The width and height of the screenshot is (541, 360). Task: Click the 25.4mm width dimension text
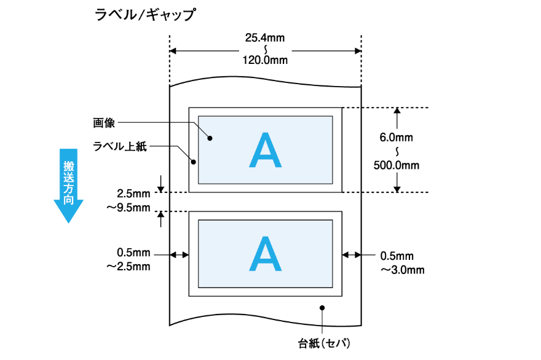(x=265, y=38)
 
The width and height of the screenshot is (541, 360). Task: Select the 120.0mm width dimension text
(x=265, y=60)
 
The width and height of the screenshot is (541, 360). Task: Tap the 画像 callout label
(x=105, y=123)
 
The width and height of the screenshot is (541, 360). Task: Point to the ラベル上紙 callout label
(x=120, y=146)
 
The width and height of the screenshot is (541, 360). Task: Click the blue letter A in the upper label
(x=265, y=150)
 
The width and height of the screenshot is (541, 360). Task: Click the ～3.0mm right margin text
(x=402, y=269)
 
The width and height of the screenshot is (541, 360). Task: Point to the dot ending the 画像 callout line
(x=210, y=139)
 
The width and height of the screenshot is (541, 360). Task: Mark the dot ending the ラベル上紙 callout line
(x=194, y=163)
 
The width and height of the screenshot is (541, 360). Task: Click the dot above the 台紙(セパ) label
(x=322, y=307)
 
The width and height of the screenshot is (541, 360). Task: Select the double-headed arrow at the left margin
(x=180, y=254)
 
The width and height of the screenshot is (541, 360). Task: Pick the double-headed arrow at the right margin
(x=352, y=254)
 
